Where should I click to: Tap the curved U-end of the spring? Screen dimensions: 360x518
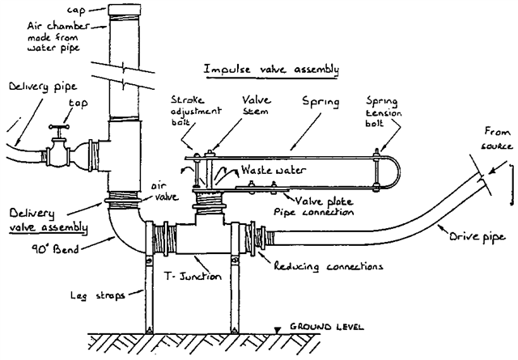[x=397, y=172]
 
